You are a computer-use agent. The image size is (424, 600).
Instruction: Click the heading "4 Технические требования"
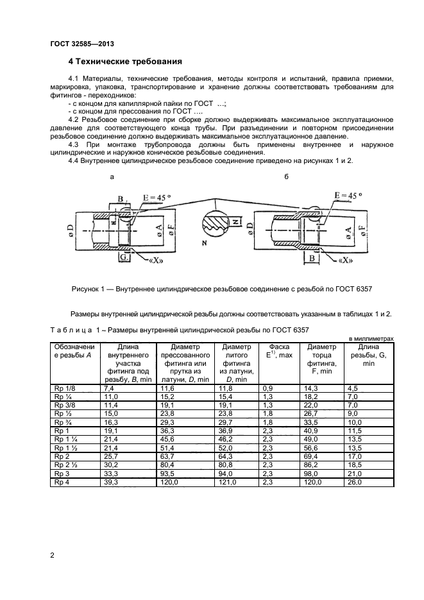[x=125, y=62]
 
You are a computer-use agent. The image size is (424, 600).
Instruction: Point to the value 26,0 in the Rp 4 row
[x=355, y=481]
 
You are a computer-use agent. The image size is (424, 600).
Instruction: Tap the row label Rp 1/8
[x=63, y=389]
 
